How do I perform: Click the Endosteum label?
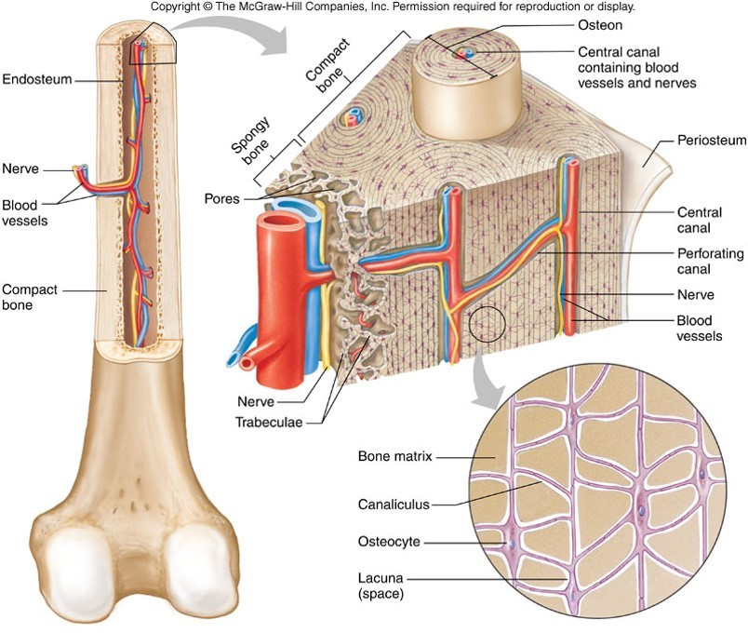[37, 80]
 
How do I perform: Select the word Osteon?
[601, 23]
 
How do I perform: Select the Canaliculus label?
[394, 505]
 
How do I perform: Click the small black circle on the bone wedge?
[486, 324]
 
